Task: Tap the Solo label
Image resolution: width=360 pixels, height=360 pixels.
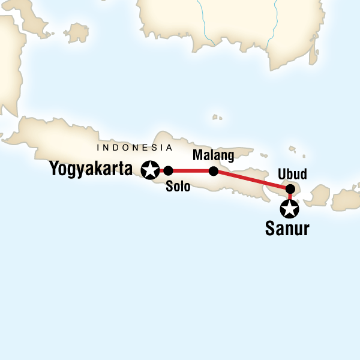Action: pos(178,187)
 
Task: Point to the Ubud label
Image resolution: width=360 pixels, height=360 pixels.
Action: pos(293,175)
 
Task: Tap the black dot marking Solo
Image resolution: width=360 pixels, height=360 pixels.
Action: pos(168,170)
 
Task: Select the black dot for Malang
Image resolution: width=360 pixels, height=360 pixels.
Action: pos(213,171)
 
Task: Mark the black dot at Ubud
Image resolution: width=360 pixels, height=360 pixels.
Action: pos(290,187)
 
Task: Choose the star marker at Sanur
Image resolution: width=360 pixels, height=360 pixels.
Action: pos(290,209)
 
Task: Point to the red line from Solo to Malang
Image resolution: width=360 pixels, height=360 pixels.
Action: pos(191,170)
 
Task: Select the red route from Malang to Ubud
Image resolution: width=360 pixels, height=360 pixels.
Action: pos(252,179)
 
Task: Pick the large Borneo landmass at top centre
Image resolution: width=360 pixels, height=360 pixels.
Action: pos(228,24)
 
